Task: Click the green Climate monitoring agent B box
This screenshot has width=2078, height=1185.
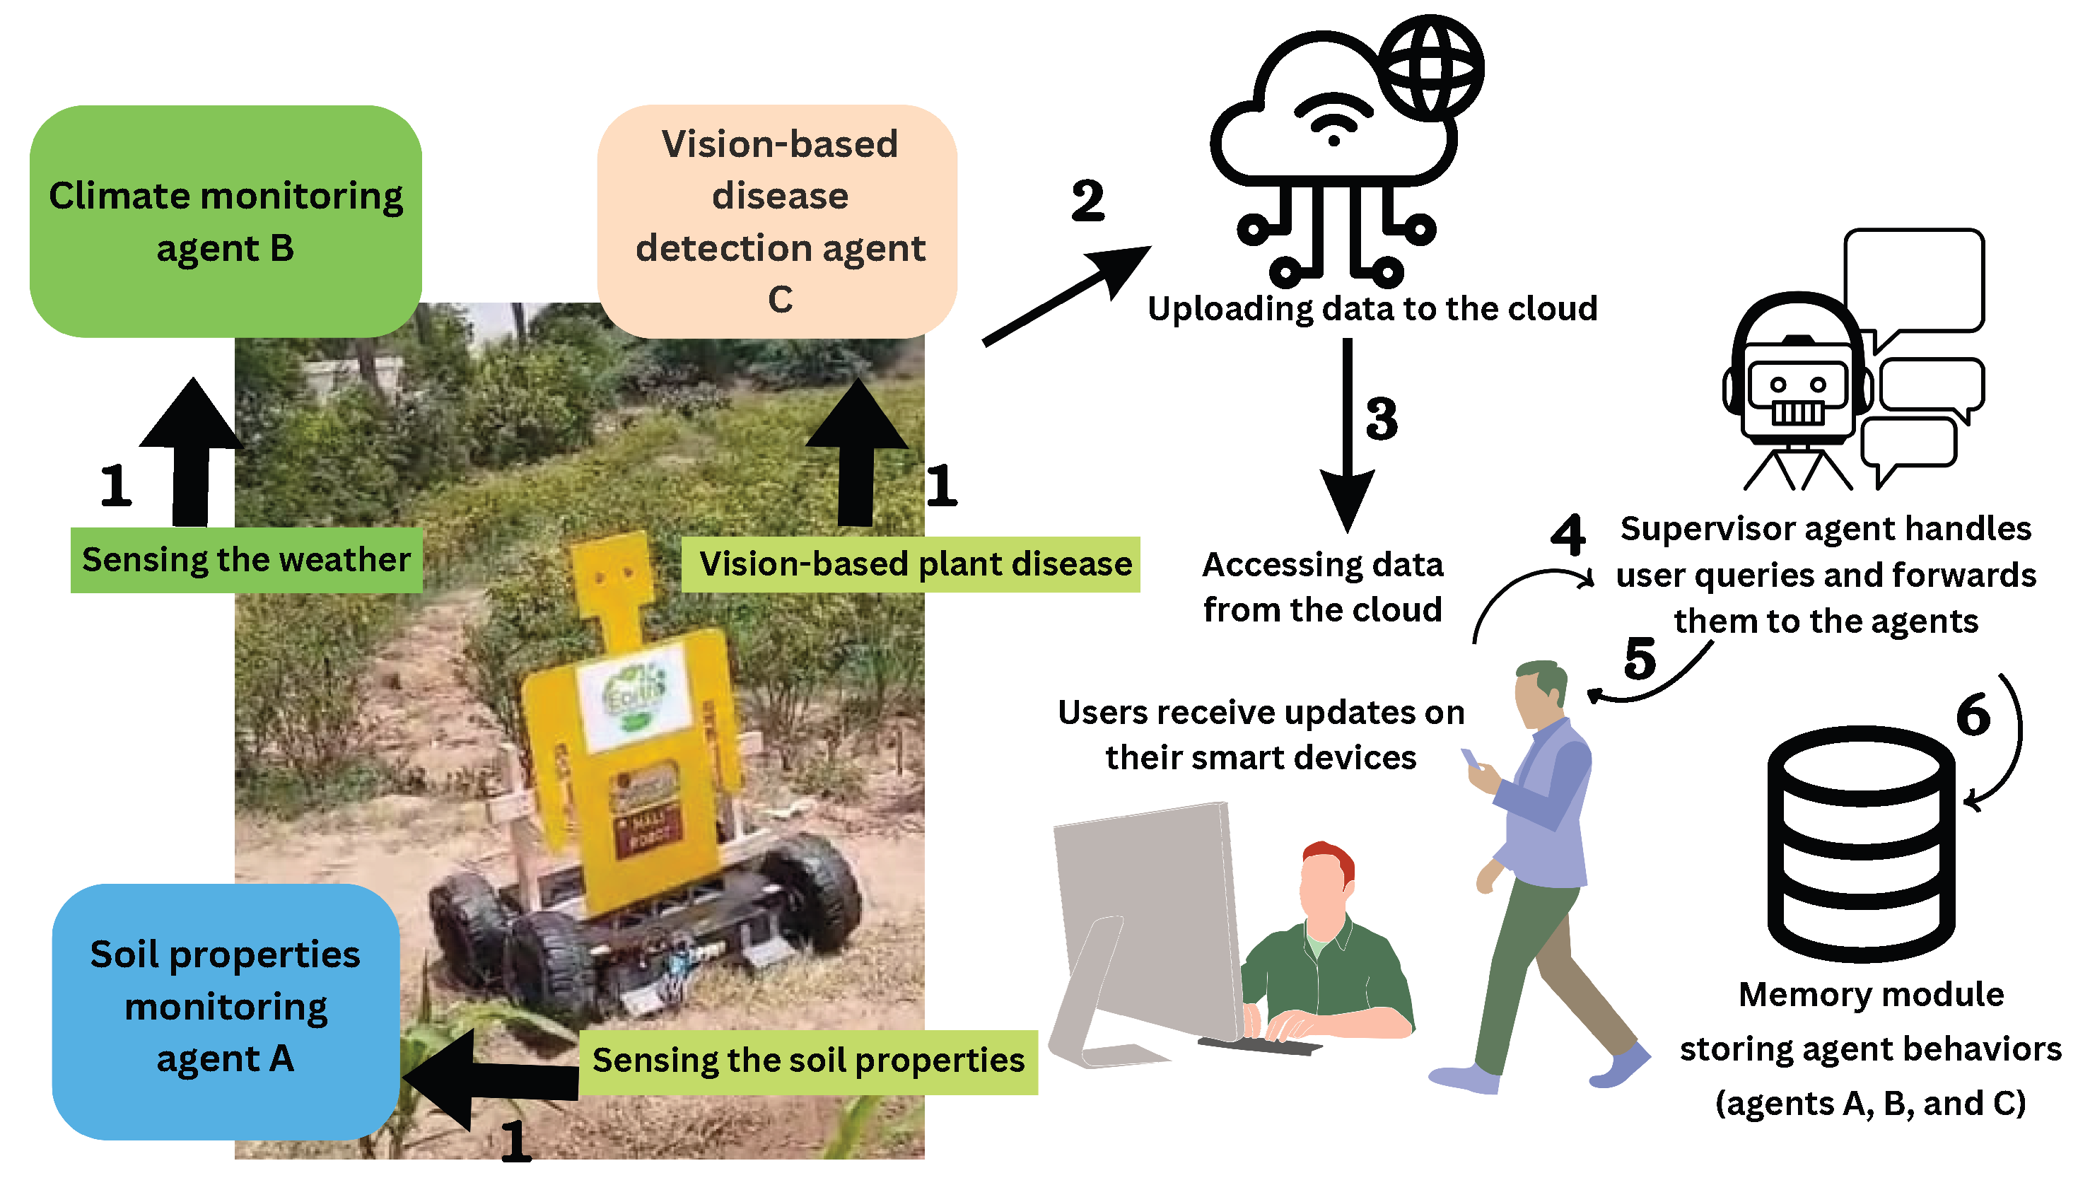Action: click(x=226, y=221)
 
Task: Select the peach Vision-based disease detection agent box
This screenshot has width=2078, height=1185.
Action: click(x=777, y=221)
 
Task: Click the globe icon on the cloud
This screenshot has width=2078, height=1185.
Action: click(x=1432, y=66)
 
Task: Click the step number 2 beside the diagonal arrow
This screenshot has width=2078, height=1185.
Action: click(x=1088, y=201)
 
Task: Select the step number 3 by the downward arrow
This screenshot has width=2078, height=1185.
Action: click(x=1382, y=419)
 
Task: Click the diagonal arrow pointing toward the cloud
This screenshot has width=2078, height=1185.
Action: click(x=1066, y=295)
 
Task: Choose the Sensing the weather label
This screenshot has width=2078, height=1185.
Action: click(x=246, y=560)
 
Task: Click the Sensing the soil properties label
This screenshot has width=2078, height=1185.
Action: click(x=808, y=1061)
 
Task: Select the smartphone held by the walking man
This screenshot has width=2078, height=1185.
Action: click(x=1470, y=759)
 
